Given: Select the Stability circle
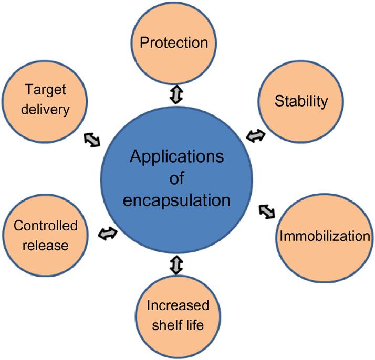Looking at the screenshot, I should (301, 101).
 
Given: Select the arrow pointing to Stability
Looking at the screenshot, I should (257, 136).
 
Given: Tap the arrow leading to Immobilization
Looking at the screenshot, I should (267, 211).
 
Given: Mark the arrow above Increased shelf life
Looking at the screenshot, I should (176, 264).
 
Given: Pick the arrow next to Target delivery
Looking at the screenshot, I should (91, 139).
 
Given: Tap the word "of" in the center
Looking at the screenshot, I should (177, 178).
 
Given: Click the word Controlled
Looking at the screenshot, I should (46, 226).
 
